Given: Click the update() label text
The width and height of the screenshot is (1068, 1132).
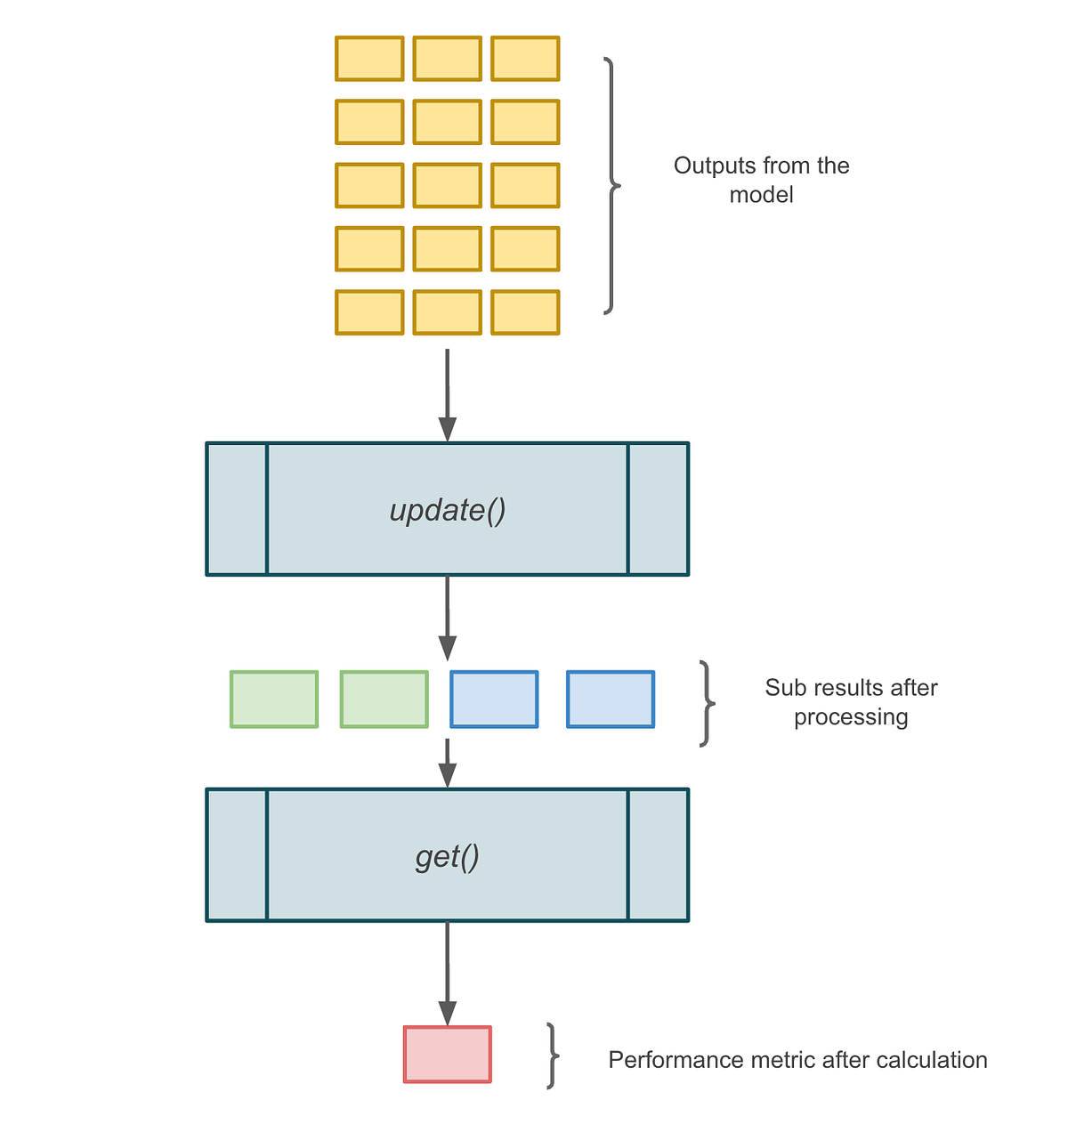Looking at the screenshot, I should click(448, 510).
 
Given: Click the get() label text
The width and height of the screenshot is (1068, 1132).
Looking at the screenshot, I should click(448, 856).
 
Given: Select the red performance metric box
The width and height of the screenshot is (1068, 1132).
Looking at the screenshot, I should click(447, 1055).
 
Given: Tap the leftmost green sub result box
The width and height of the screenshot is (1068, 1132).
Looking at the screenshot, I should click(274, 699).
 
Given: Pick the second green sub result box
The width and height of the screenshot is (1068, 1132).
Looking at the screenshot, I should click(384, 699).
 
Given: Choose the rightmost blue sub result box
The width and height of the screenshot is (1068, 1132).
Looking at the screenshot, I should click(611, 699).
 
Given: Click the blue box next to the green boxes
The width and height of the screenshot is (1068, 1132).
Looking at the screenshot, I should click(494, 699).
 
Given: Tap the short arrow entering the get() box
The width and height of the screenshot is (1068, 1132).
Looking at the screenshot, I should click(448, 763).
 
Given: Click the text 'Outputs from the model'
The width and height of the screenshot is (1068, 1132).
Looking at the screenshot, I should click(761, 180).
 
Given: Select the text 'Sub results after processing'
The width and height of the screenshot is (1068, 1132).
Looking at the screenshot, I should click(851, 702).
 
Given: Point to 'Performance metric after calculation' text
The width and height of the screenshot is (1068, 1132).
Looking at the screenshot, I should click(797, 1060).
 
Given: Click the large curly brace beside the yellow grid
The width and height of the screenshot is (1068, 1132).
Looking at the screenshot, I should click(611, 186).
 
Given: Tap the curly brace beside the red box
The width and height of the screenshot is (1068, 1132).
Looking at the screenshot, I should click(553, 1056).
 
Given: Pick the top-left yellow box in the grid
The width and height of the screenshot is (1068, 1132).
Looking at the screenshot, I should click(369, 59).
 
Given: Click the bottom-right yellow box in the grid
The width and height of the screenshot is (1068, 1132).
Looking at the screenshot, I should click(525, 312).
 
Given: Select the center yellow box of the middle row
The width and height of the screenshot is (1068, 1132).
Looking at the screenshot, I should click(447, 186).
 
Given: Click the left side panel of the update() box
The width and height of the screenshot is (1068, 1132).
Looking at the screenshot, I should click(237, 509).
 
